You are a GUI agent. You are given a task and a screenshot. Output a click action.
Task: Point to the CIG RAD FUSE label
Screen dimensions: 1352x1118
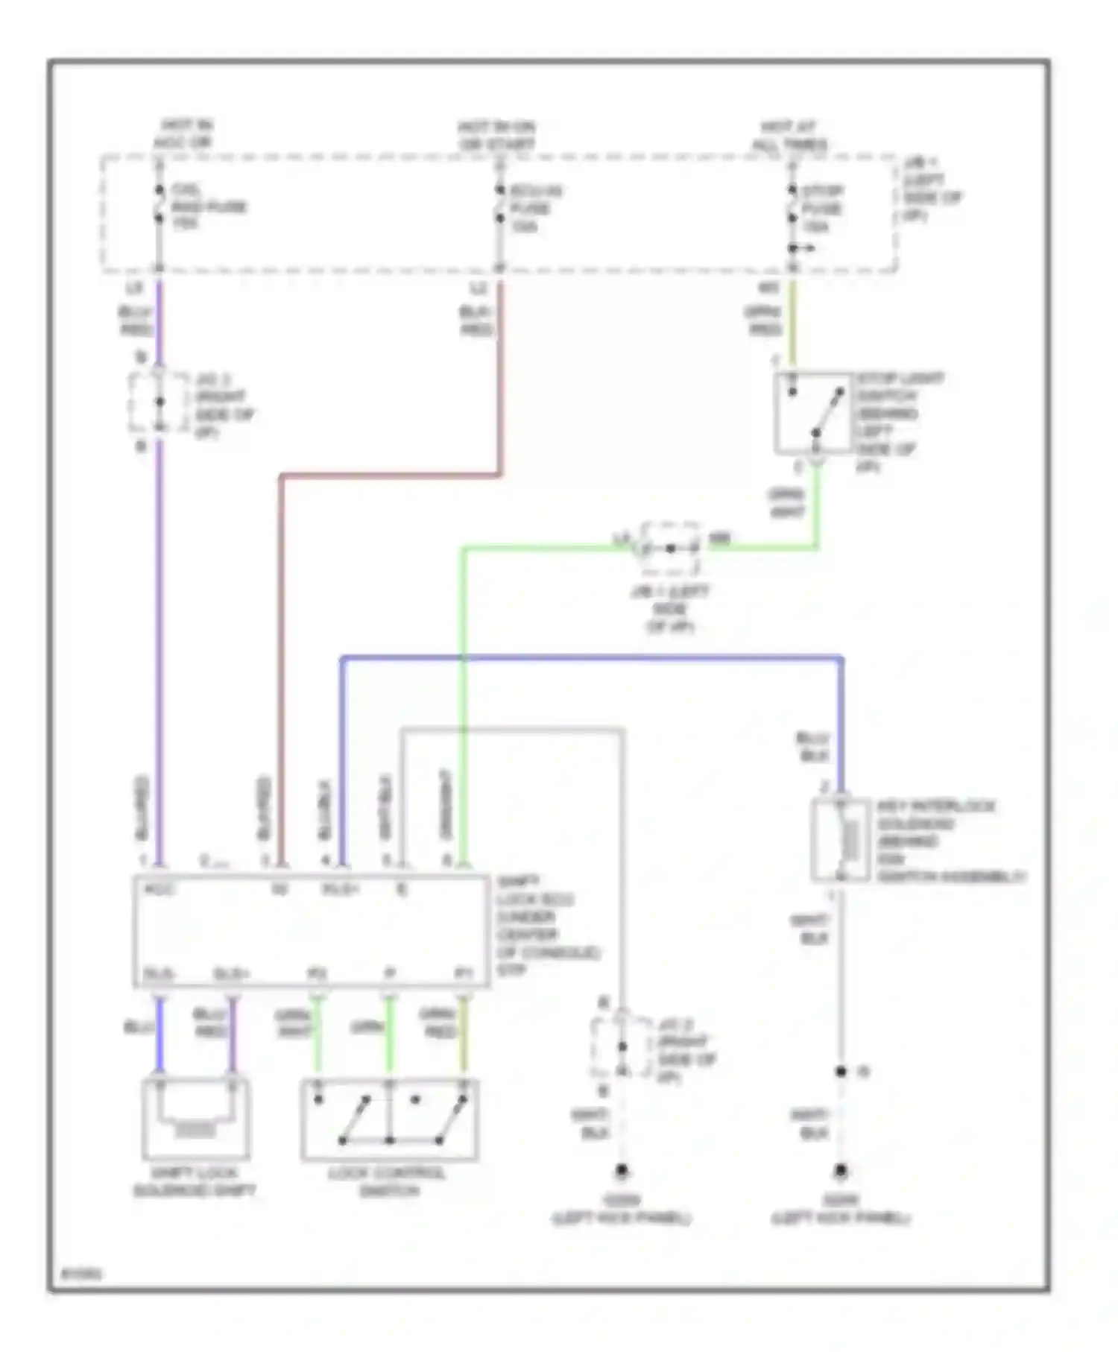[209, 206]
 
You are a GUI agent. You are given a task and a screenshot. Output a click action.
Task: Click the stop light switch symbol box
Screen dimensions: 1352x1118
[812, 412]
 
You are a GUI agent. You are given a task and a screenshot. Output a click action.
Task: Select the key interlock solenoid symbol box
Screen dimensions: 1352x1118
[840, 840]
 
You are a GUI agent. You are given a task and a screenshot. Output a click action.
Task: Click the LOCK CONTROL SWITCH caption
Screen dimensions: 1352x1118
[388, 1181]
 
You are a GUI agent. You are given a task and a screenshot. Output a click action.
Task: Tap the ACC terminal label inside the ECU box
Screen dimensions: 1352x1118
[159, 889]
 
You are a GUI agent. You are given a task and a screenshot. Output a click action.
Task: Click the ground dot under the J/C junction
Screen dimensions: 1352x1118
[621, 1171]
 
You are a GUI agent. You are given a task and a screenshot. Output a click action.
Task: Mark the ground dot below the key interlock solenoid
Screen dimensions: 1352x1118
[841, 1171]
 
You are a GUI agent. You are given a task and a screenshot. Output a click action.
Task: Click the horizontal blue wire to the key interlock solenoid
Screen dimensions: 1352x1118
[589, 658]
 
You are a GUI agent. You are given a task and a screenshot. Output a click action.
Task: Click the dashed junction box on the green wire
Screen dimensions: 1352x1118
[670, 549]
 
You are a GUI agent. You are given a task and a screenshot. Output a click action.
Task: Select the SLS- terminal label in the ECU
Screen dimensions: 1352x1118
[158, 974]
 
